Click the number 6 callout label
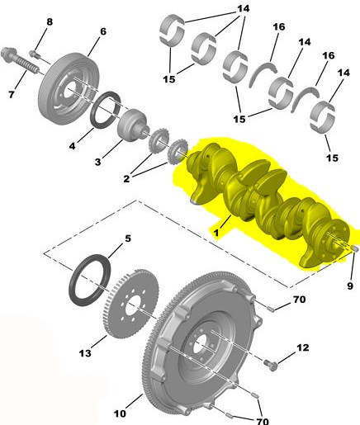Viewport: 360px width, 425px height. click(x=102, y=31)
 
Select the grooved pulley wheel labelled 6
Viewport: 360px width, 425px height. click(x=69, y=89)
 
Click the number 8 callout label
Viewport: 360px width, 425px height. click(x=50, y=22)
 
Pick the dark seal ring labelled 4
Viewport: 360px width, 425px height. click(x=106, y=110)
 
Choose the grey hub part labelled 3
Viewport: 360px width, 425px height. click(x=133, y=125)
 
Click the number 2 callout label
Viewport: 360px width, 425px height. click(x=126, y=179)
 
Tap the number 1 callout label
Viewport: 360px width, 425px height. click(x=216, y=233)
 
